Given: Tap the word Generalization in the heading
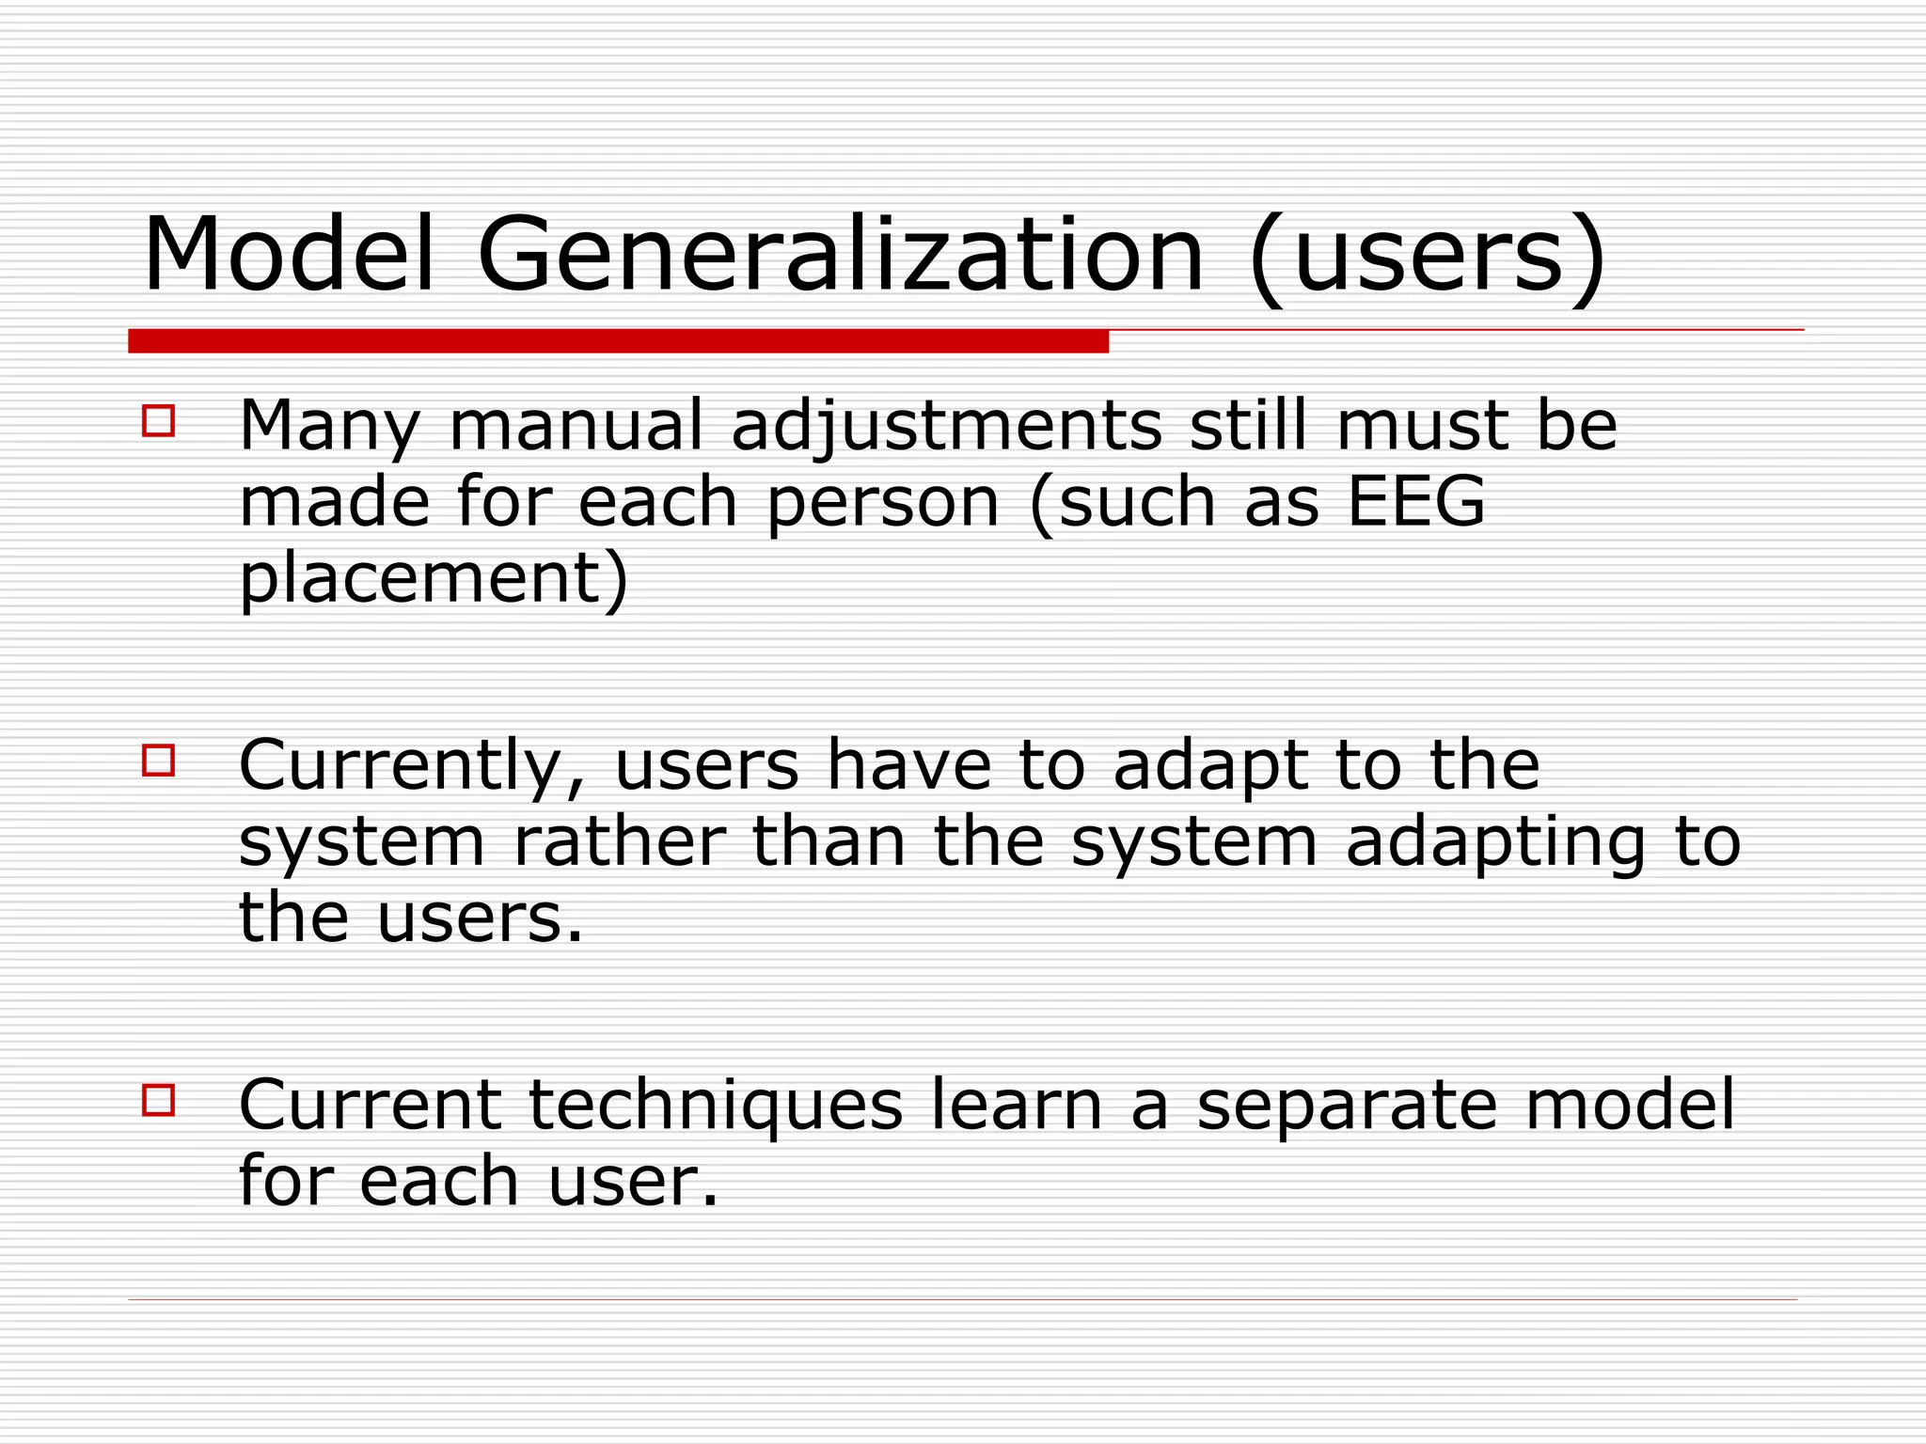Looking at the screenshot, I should pos(841,256).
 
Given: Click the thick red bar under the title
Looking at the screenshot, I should pos(618,341).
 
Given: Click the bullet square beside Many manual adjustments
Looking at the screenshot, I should pos(159,420).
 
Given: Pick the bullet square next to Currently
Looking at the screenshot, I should pos(159,760).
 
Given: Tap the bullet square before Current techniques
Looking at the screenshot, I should pos(159,1099).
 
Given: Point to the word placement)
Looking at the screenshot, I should pos(434,579).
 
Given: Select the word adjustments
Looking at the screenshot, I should pos(946,427).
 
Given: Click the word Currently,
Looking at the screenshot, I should pos(412,766).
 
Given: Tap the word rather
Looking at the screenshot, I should pos(619,841).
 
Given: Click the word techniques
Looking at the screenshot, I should pos(716,1106).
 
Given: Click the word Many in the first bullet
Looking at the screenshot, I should pos(330,427).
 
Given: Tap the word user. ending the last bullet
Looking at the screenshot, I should pos(633,1182).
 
